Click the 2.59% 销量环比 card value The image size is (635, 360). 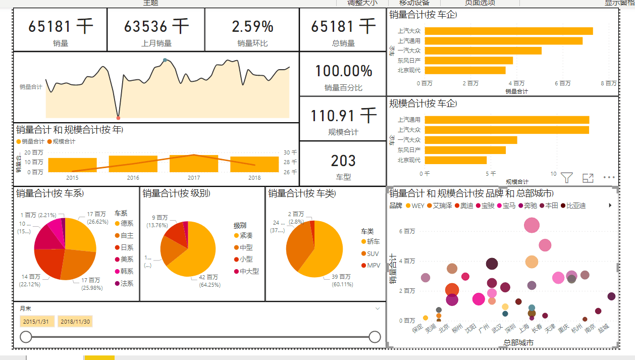point(252,26)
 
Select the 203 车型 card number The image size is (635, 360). point(343,161)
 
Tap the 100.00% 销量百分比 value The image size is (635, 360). point(343,71)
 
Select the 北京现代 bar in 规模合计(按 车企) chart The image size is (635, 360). point(456,160)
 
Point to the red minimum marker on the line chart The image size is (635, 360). point(118,118)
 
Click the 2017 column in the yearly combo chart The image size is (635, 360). point(194,164)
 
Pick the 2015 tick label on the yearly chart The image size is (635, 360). point(72,178)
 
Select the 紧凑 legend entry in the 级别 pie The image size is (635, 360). point(246,235)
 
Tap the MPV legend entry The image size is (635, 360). point(373,265)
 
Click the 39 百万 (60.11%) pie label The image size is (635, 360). point(341,280)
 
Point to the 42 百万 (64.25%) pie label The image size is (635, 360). point(209,280)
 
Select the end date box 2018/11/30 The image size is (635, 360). point(75,322)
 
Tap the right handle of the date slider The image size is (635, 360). point(375,337)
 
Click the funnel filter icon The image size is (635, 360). point(567,178)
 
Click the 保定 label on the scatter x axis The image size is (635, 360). point(418,329)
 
